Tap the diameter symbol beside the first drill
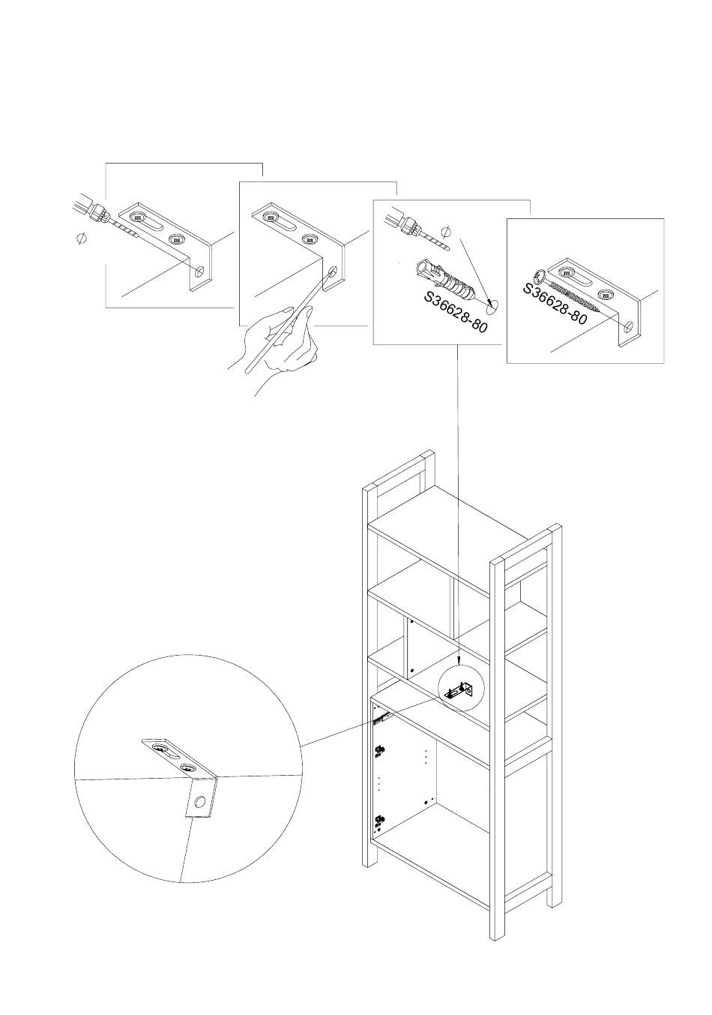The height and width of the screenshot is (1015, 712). pos(82,238)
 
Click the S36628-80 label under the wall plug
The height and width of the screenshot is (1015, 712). pos(456,312)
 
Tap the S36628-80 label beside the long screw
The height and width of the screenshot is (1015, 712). pos(555,304)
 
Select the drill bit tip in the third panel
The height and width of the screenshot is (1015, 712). pos(447,248)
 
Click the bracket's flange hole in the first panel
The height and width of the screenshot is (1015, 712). pos(199,272)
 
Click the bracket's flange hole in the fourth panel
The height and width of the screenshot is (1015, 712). pos(629,327)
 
